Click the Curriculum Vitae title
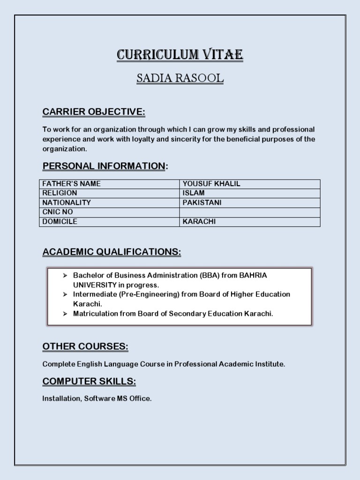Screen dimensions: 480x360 coord(180,55)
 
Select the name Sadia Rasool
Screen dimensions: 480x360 coord(180,79)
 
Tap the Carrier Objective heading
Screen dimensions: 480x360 coord(94,112)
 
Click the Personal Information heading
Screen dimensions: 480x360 coord(104,166)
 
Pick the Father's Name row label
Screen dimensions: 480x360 coord(71,184)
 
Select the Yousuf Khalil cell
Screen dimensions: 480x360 coord(211,184)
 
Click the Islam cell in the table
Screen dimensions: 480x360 coord(194,193)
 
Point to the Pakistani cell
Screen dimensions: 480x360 coord(202,202)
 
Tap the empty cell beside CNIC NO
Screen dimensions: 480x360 coord(249,212)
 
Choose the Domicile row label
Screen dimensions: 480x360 coord(60,222)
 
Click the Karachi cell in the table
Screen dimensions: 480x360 coord(199,222)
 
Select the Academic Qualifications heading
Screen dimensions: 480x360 coord(112,252)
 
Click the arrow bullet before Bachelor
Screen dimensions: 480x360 coord(66,276)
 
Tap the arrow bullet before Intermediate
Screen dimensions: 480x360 coord(66,294)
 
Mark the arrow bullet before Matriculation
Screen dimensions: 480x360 coord(66,314)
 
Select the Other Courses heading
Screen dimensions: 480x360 coord(85,346)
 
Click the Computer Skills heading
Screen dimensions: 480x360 coord(89,382)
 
